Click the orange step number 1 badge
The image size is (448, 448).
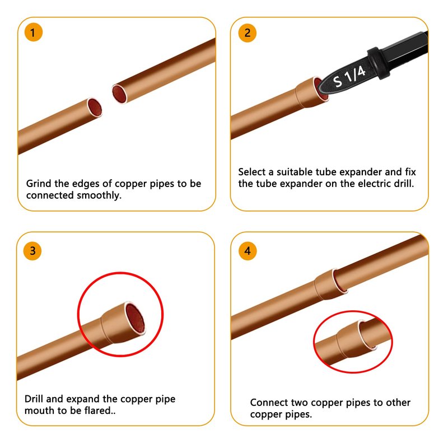pos(34,32)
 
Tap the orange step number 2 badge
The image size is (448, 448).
pos(248,33)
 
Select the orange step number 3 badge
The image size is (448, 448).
pos(32,251)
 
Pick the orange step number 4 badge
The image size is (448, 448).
pos(248,251)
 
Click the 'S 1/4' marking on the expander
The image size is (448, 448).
pos(349,76)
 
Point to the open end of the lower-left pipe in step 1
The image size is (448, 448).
pos(95,108)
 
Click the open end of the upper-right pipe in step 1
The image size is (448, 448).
pos(119,94)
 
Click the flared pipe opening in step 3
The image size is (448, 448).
pos(135,318)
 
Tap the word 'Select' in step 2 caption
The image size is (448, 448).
pos(251,172)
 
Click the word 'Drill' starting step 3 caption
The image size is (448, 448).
pos(34,399)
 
